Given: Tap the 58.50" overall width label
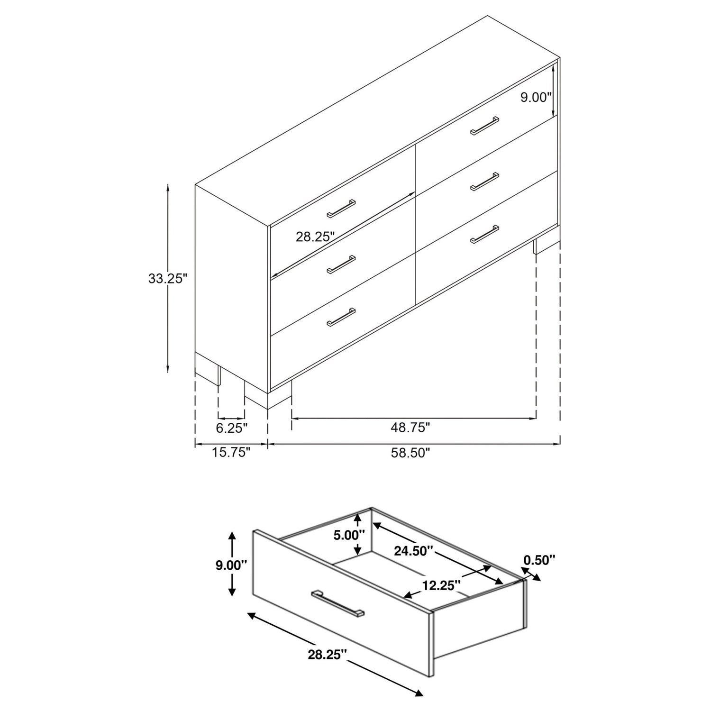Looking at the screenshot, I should coord(410,453).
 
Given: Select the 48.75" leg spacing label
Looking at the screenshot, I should coord(410,428).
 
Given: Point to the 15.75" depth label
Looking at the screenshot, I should coord(231,453).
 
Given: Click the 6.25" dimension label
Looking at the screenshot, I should coord(232,428).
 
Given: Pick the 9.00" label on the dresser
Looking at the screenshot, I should coord(536,97).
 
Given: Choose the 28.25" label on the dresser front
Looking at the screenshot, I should coord(315,237).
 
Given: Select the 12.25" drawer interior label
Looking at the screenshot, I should coord(442,585).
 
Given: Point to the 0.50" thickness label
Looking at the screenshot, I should coord(539,560).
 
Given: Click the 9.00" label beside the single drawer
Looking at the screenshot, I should coord(231,565).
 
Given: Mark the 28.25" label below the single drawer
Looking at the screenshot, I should coord(327,655).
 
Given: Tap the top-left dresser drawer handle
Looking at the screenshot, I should coord(341,209).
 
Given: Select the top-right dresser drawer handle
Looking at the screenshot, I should coord(484,126).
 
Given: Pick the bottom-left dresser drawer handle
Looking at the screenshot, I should coord(341,317).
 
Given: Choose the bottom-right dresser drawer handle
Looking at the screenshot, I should coord(484,234).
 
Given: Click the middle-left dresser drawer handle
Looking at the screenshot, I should coord(341,264).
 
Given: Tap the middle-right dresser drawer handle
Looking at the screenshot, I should coord(484,182).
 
